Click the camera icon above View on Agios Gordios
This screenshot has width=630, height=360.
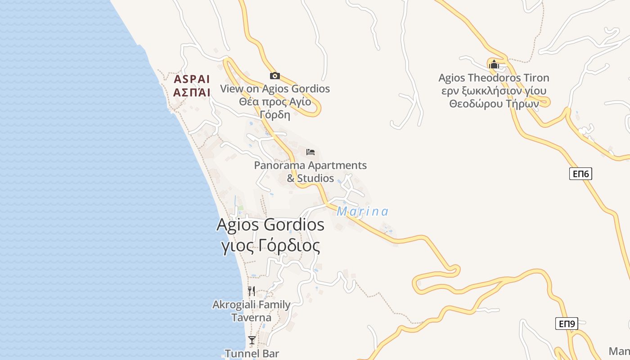point(274,76)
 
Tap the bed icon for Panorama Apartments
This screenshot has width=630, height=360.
point(310,152)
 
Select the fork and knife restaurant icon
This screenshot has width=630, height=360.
point(252,291)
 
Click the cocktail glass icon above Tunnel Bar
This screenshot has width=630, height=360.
point(252,340)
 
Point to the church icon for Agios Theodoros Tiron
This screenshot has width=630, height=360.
point(494,64)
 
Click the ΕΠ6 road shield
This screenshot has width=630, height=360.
point(580,174)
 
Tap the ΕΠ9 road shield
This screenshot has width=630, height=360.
point(567,324)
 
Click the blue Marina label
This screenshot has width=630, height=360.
point(362,211)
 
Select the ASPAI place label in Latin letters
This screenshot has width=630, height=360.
point(192,80)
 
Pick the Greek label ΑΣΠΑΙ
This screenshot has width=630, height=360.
point(192,93)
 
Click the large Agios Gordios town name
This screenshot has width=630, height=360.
point(270,225)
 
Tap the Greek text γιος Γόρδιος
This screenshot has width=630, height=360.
point(271,246)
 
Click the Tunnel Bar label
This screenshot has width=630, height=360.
point(252,354)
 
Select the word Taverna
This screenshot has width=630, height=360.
point(252,318)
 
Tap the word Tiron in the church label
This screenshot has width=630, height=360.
point(536,78)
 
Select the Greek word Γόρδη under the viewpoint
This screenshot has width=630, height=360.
point(274,114)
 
